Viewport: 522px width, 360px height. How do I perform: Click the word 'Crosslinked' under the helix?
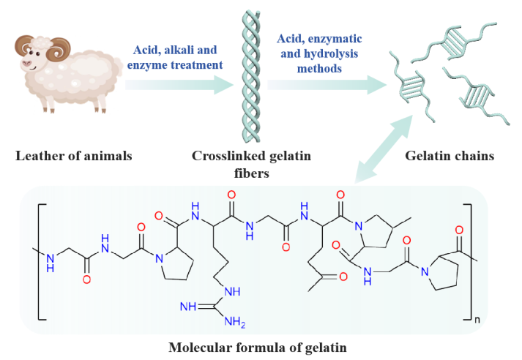(x=225, y=157)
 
